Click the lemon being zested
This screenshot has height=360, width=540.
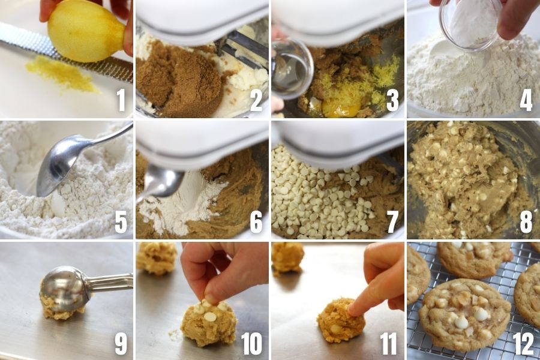pyautogui.click(x=86, y=31)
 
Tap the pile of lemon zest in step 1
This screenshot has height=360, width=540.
pyautogui.click(x=62, y=74)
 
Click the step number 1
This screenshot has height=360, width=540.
pyautogui.click(x=121, y=100)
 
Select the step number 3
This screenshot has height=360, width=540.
pyautogui.click(x=392, y=100)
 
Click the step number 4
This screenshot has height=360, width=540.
pyautogui.click(x=526, y=100)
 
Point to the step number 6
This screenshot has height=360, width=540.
pyautogui.click(x=256, y=221)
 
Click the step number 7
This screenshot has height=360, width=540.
pyautogui.click(x=392, y=221)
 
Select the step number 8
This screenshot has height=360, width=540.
pyautogui.click(x=526, y=221)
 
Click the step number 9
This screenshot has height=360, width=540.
pyautogui.click(x=121, y=343)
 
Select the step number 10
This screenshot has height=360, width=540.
pyautogui.click(x=252, y=343)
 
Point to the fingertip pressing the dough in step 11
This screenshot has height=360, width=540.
pyautogui.click(x=352, y=311)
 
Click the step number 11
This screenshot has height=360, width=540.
pyautogui.click(x=388, y=343)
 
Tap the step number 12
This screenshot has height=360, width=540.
pyautogui.click(x=523, y=343)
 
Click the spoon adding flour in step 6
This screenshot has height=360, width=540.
pyautogui.click(x=162, y=182)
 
